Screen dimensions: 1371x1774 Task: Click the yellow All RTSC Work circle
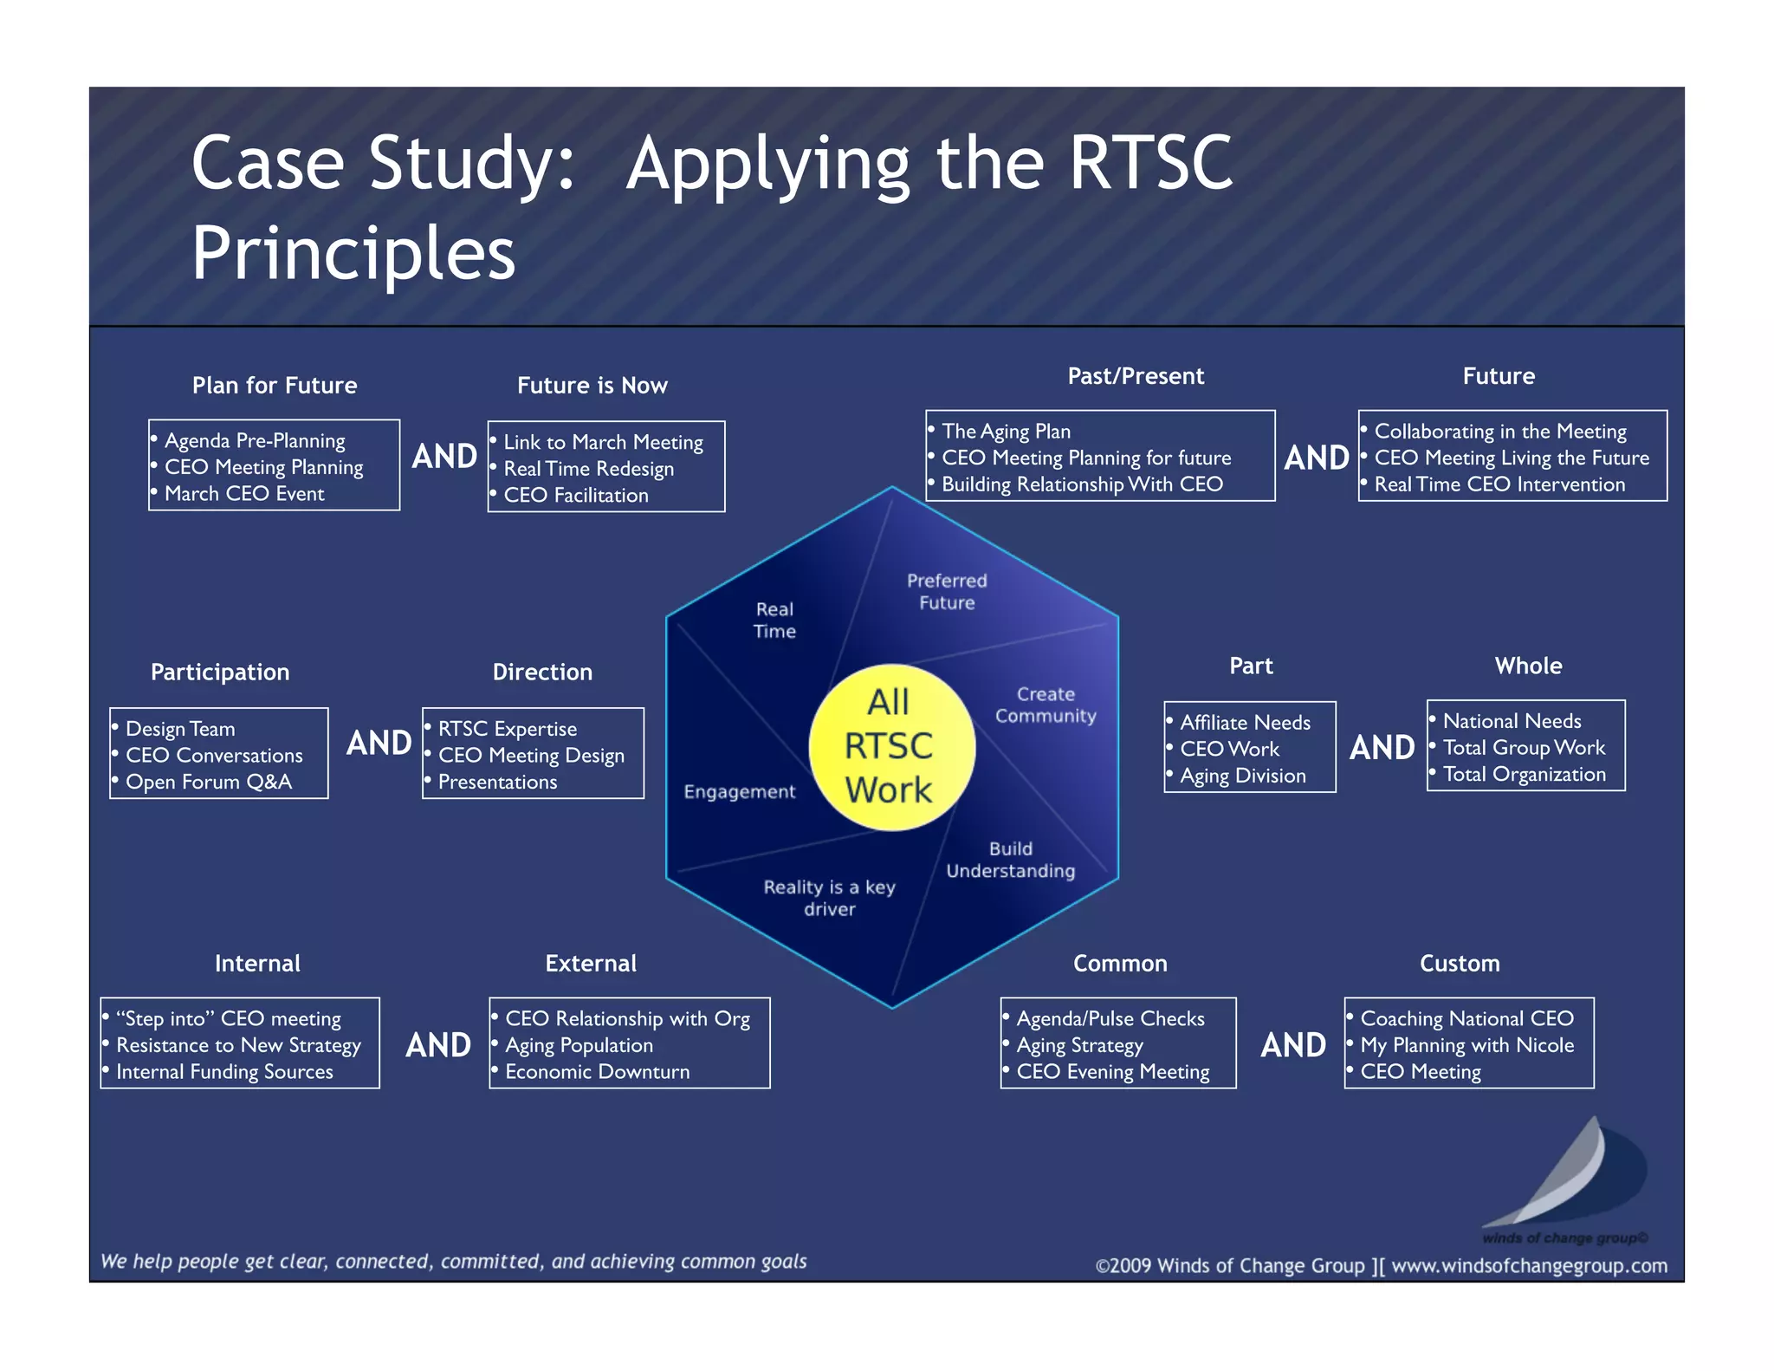pyautogui.click(x=891, y=747)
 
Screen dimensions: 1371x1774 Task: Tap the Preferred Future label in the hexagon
pyautogui.click(x=947, y=592)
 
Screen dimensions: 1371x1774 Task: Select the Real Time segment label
pyautogui.click(x=774, y=621)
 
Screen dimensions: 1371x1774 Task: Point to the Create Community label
pyautogui.click(x=1046, y=705)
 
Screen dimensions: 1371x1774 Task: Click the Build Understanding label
pyautogui.click(x=1010, y=860)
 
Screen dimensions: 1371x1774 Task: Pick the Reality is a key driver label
pyautogui.click(x=829, y=898)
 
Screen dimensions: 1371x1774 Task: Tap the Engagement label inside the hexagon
pyautogui.click(x=739, y=792)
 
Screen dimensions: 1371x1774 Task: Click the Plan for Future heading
pyautogui.click(x=275, y=386)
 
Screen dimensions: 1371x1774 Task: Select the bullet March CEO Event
pyautogui.click(x=244, y=494)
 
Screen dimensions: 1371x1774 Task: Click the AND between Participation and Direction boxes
pyautogui.click(x=379, y=744)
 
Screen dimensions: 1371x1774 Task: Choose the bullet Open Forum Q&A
pyautogui.click(x=209, y=783)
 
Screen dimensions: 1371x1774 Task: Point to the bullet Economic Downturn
pyautogui.click(x=597, y=1072)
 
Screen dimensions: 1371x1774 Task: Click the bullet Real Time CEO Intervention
pyautogui.click(x=1499, y=484)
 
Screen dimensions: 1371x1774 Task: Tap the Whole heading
pyautogui.click(x=1528, y=666)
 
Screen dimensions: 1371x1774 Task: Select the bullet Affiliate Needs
pyautogui.click(x=1245, y=723)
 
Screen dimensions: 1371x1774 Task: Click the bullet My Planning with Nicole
pyautogui.click(x=1466, y=1045)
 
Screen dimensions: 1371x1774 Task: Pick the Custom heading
pyautogui.click(x=1459, y=964)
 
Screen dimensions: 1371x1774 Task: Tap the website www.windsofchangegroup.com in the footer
pyautogui.click(x=1529, y=1266)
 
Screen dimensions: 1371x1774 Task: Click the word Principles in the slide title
pyautogui.click(x=353, y=253)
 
